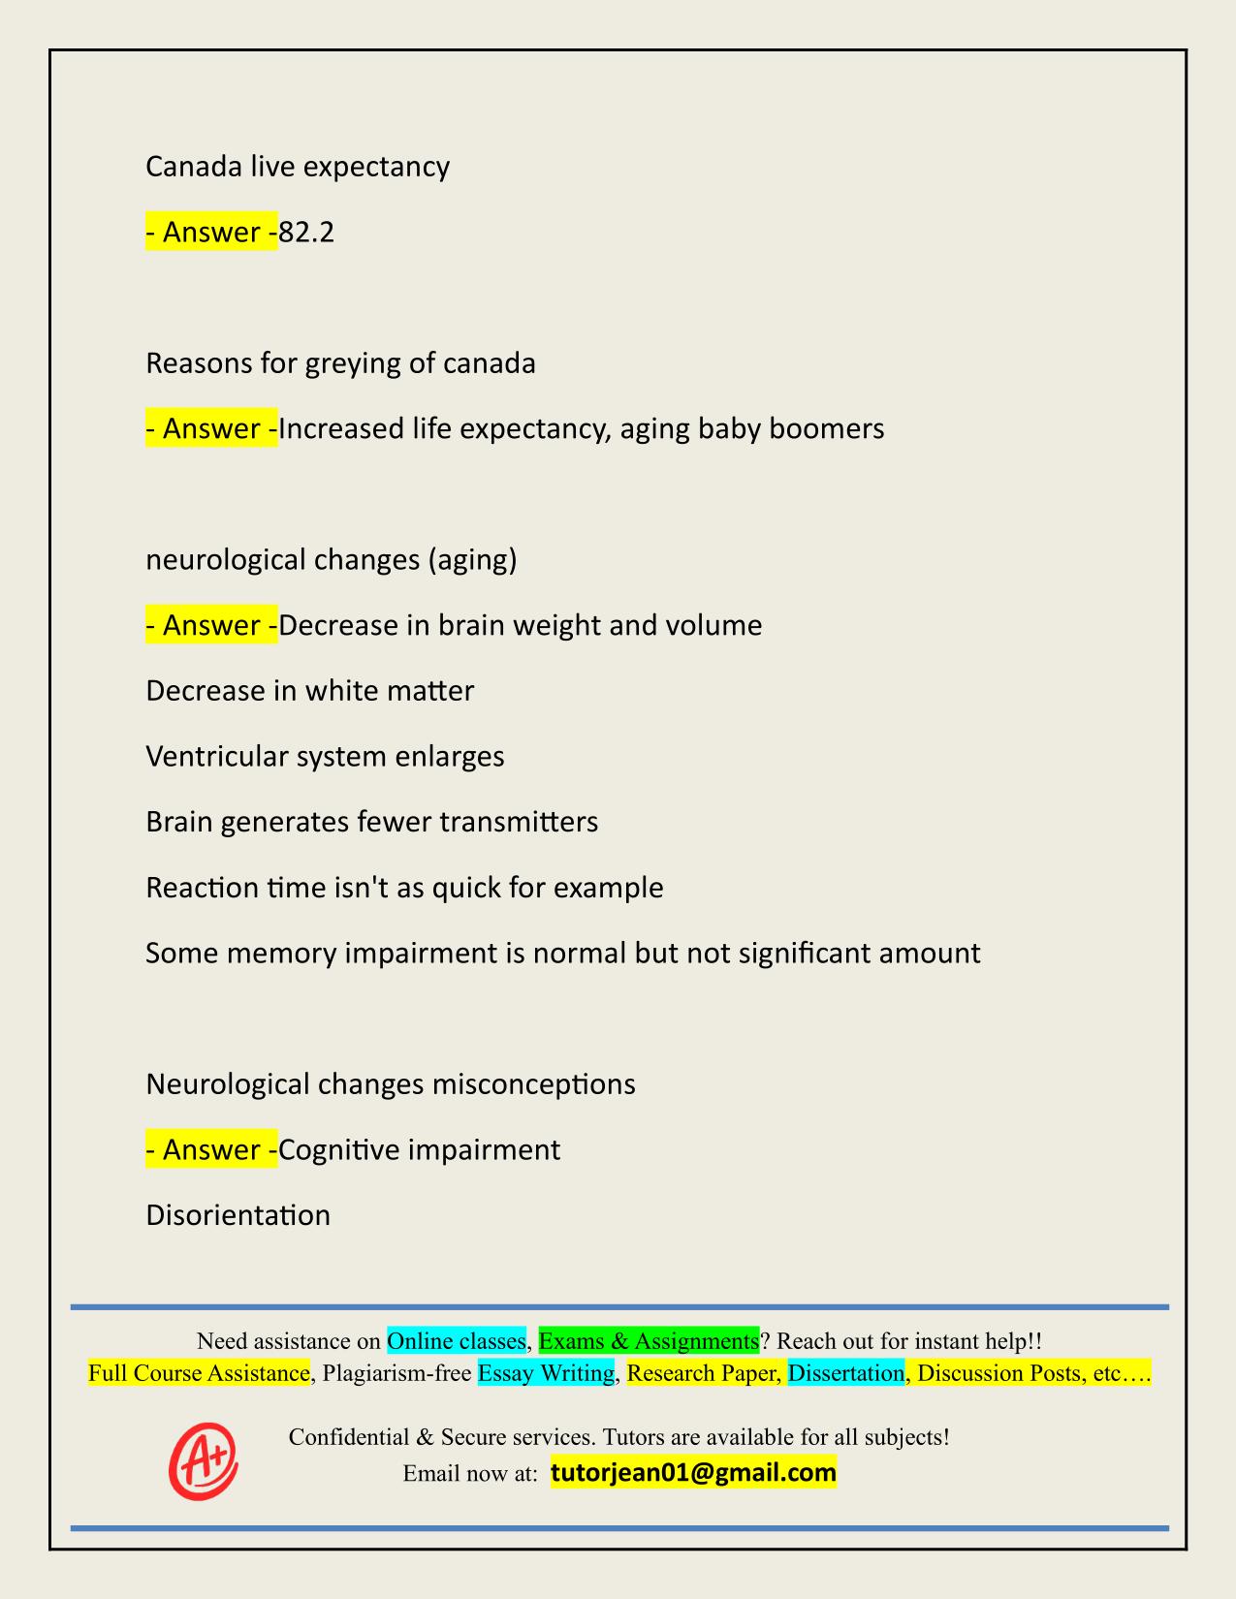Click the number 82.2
306,233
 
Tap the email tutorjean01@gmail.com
693,1473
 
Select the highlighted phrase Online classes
456,1341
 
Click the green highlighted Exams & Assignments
649,1341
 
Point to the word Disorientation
238,1215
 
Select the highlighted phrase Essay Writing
546,1373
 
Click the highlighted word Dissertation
845,1373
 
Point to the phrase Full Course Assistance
199,1373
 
